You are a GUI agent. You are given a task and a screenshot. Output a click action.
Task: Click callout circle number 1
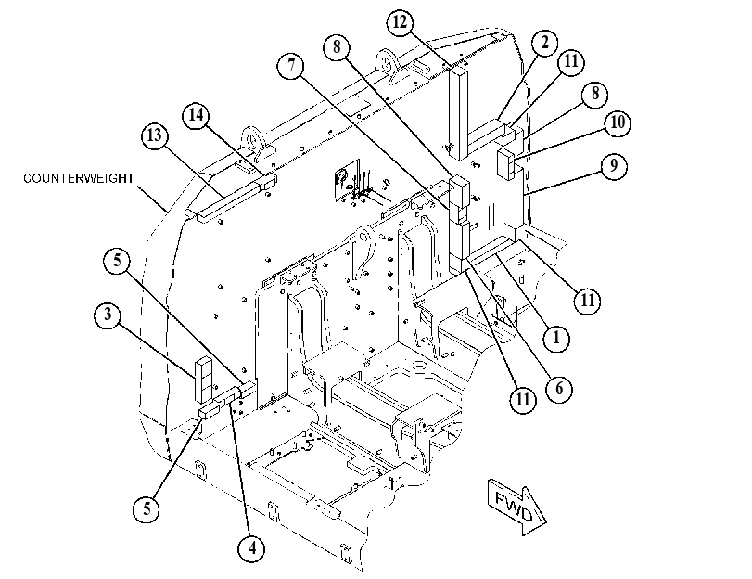click(x=556, y=338)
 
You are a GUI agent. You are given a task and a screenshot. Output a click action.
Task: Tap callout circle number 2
click(x=545, y=44)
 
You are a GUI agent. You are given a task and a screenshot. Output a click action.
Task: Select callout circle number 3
click(x=108, y=315)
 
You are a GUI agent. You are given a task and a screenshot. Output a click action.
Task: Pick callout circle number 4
click(x=252, y=548)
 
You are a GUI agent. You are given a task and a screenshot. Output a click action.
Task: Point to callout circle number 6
click(x=559, y=388)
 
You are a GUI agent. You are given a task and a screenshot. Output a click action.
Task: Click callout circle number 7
click(x=291, y=65)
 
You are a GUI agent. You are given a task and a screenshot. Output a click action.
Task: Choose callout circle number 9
click(x=614, y=166)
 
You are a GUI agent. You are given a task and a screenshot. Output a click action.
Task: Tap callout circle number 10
click(x=618, y=123)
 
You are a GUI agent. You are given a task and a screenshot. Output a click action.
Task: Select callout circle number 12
click(x=400, y=22)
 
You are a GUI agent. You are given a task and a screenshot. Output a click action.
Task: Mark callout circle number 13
click(x=155, y=135)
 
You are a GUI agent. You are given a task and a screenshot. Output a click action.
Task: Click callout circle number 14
click(x=196, y=116)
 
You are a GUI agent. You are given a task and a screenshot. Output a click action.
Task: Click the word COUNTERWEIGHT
click(x=79, y=178)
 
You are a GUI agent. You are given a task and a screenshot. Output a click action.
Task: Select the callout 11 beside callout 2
click(x=570, y=62)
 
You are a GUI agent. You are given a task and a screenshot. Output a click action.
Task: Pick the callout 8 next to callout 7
click(x=337, y=47)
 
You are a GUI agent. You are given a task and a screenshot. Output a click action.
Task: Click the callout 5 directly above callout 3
click(x=118, y=261)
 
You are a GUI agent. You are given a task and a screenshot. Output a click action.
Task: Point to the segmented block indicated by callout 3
click(x=202, y=380)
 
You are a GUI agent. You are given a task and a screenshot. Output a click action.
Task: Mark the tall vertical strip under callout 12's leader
click(x=458, y=113)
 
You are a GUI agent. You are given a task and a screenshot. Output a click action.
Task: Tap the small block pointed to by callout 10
click(x=505, y=163)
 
